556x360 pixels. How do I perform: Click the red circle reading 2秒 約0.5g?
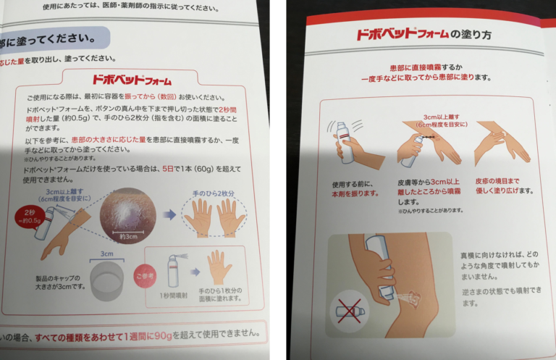point(31,216)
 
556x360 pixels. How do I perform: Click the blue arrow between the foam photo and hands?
point(169,214)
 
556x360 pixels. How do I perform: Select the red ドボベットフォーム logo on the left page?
point(131,80)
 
